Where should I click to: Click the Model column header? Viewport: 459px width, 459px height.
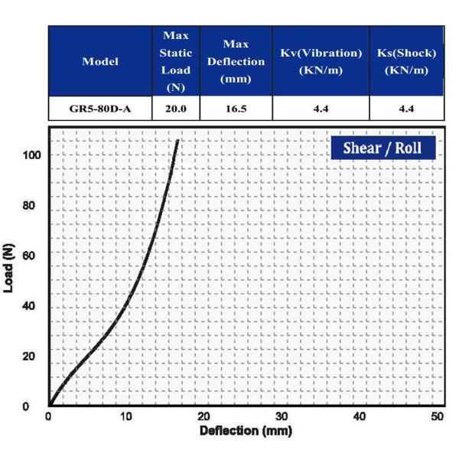[x=100, y=61]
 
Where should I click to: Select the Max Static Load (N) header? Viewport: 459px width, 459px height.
[x=175, y=61]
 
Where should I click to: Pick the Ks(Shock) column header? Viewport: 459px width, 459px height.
[x=406, y=61]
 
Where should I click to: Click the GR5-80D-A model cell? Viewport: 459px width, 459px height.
[x=100, y=109]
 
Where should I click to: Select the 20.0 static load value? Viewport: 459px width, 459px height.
[x=175, y=109]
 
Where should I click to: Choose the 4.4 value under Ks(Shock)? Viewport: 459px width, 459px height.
[x=406, y=109]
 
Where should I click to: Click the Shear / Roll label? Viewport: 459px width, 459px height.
[x=382, y=148]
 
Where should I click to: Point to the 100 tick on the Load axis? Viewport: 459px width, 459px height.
[x=31, y=155]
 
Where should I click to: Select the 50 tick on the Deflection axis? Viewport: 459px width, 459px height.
[x=438, y=417]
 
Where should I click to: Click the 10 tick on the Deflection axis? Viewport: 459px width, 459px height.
[x=126, y=417]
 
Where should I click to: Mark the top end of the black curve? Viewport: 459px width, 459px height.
[x=178, y=140]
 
